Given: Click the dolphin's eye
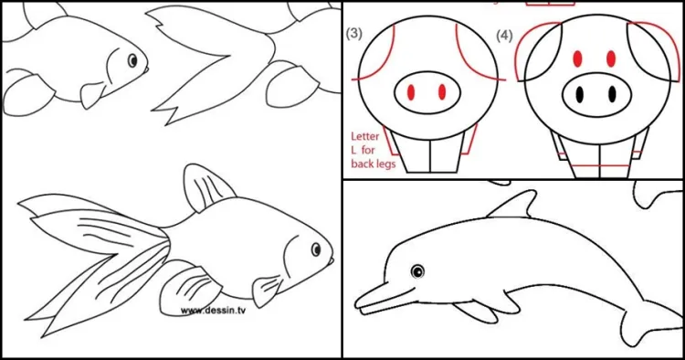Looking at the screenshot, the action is [x=417, y=271].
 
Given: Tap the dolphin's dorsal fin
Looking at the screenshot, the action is [x=515, y=206].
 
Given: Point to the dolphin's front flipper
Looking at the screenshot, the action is [x=474, y=311].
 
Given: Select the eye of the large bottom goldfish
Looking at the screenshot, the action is [x=316, y=249].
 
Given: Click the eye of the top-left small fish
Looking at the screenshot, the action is [x=132, y=60].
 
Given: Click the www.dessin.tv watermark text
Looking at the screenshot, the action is [x=213, y=311].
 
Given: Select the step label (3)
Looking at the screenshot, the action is [x=353, y=34].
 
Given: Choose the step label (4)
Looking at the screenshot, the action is [x=504, y=36].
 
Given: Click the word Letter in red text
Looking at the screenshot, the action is [x=365, y=136].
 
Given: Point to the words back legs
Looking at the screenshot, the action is [x=373, y=164].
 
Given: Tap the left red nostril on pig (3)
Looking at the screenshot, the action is [x=411, y=91].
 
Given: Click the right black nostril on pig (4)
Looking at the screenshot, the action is [x=612, y=94].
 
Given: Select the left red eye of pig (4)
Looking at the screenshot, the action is [x=577, y=58].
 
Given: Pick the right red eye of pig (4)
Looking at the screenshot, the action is [x=611, y=58].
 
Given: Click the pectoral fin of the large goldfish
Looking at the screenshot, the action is [x=267, y=291].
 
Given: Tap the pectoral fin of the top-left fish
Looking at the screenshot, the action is [x=92, y=95].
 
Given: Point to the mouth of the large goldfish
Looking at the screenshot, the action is [x=330, y=261].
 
